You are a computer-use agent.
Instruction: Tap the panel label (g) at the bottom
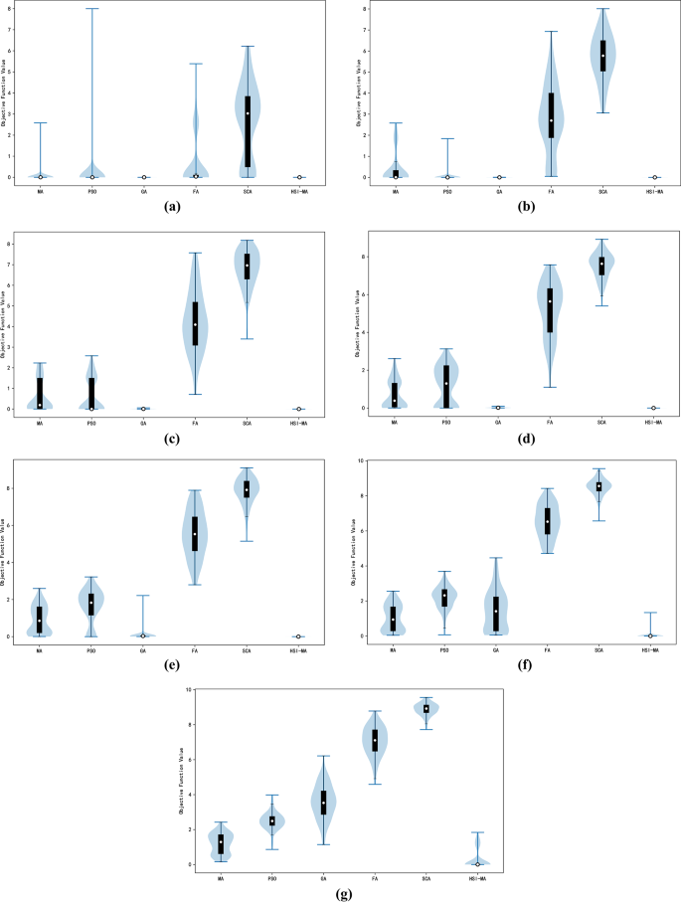[x=340, y=892]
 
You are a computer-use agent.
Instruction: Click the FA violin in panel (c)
[x=195, y=328]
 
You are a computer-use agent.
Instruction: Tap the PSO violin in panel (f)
[x=444, y=597]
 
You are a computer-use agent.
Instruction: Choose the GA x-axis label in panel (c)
[x=143, y=423]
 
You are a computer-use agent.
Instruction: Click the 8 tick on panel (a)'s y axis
[x=12, y=8]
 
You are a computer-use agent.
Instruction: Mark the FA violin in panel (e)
[x=195, y=537]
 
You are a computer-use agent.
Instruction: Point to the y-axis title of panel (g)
[x=182, y=776]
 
